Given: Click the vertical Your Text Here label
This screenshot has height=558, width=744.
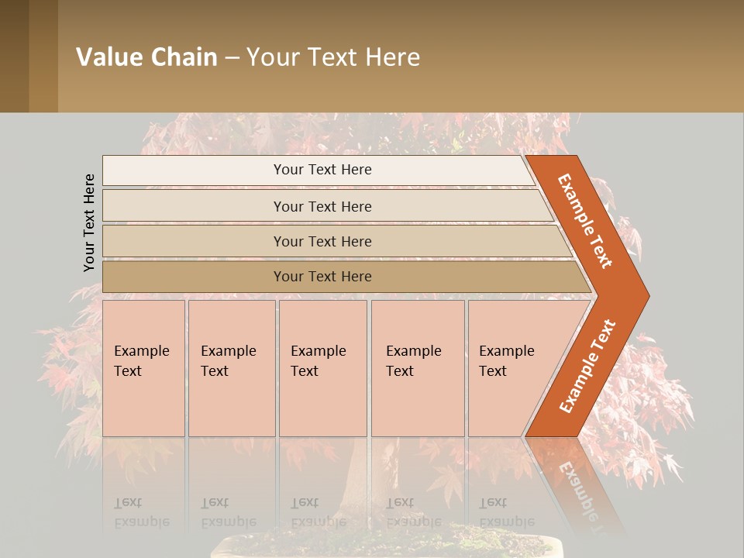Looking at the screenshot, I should (89, 222).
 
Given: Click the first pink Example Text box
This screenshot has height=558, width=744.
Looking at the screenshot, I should (143, 368).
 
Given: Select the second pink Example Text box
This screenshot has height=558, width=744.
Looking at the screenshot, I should (232, 368).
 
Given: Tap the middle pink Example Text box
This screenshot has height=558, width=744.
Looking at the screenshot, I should (322, 368).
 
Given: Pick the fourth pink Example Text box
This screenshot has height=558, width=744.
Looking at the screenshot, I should (418, 368).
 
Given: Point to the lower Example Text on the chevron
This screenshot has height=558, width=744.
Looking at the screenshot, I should (587, 366).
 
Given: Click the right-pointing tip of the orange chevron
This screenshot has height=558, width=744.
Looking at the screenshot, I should (645, 295).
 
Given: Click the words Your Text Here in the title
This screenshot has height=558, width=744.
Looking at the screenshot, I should (333, 57).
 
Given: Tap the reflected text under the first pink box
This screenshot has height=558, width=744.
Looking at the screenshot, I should (141, 513).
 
